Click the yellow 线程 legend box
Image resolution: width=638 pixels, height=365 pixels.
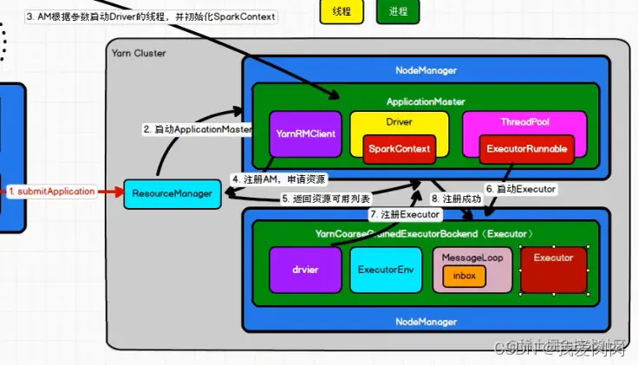tap(342, 12)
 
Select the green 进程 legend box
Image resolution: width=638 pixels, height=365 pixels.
tap(398, 12)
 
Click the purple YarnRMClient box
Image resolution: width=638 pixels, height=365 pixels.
tap(304, 134)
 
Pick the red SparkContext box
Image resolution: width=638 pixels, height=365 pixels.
tap(400, 149)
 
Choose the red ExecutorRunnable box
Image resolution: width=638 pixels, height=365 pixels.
tap(527, 149)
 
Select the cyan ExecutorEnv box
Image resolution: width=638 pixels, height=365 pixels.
tap(384, 270)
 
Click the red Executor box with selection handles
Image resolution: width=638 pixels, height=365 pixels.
tap(553, 270)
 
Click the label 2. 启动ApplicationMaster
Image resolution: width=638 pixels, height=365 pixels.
tap(197, 129)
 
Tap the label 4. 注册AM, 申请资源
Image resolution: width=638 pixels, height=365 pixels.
tap(279, 179)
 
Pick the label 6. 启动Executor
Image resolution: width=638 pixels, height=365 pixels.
tap(520, 188)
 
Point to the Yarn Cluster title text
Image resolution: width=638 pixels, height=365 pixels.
tap(139, 54)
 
